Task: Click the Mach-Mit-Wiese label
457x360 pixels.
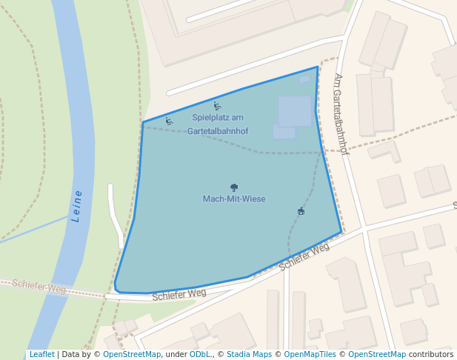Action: pos(234,199)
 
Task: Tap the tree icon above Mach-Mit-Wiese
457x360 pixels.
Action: pos(234,188)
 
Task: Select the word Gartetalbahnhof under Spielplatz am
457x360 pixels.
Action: pos(218,131)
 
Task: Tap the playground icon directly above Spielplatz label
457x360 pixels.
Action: pos(216,106)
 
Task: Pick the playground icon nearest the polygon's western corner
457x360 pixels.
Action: pos(169,121)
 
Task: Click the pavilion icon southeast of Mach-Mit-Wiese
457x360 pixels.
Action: pos(301,212)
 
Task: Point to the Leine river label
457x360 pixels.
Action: pos(77,207)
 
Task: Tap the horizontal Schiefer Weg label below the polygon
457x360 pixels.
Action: pos(179,294)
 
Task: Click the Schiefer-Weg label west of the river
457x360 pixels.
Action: pos(39,286)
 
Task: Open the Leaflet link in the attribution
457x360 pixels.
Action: pos(41,354)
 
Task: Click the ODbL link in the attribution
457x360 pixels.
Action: pos(199,354)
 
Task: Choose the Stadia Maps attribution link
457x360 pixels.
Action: pos(249,354)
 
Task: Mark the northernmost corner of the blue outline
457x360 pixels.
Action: pos(318,67)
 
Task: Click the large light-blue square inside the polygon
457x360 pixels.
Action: pos(295,111)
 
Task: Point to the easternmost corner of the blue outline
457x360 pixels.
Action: pos(341,232)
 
